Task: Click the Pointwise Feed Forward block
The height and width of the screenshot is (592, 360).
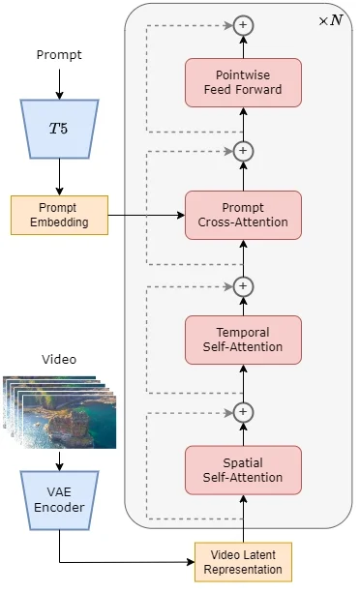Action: [243, 82]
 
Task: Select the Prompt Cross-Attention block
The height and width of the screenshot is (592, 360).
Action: [243, 215]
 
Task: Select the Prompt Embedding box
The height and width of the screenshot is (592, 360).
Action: [59, 215]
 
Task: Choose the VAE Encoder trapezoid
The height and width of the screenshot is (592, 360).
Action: [59, 500]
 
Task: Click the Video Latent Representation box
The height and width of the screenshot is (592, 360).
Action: [243, 562]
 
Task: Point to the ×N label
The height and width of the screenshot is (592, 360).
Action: [330, 19]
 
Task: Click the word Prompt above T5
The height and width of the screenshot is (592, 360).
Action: [59, 55]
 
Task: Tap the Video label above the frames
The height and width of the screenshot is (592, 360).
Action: [59, 359]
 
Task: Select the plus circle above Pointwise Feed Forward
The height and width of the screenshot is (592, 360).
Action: [243, 25]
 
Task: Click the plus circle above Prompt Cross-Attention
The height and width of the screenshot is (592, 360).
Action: [243, 150]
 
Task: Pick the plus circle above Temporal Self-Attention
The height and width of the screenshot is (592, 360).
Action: [243, 285]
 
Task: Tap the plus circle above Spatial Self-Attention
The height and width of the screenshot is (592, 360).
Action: [243, 411]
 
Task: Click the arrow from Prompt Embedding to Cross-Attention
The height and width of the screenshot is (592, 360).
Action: [145, 215]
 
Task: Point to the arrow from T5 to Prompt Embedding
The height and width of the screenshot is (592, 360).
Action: [59, 176]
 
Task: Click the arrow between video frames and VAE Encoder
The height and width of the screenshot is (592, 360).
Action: [59, 460]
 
